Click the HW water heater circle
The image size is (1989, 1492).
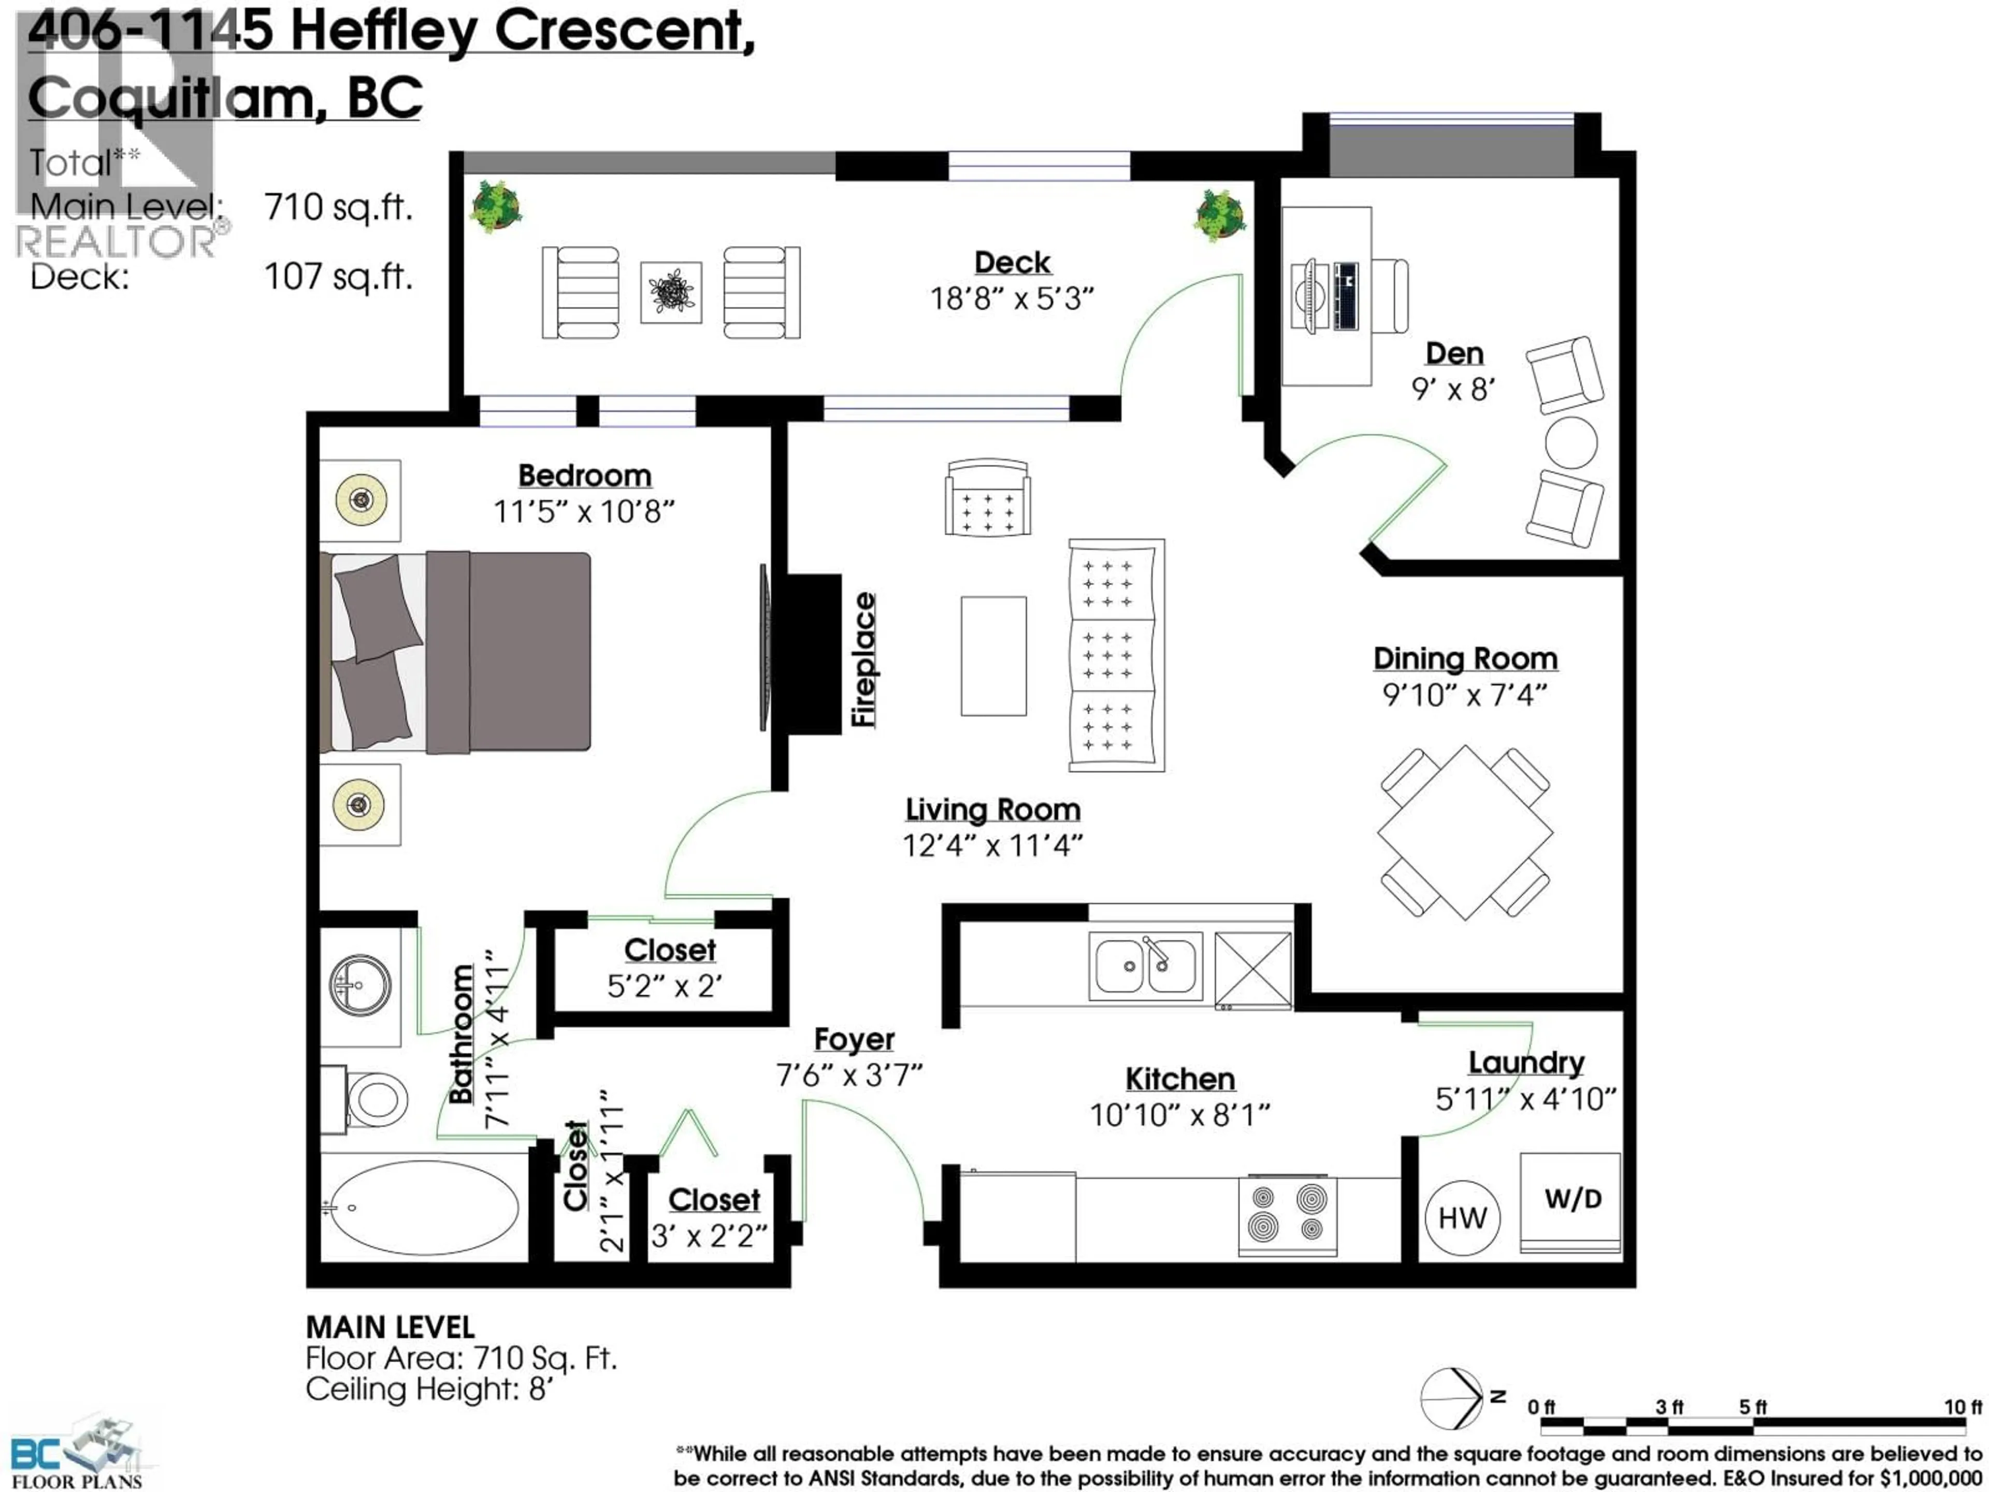[x=1462, y=1218]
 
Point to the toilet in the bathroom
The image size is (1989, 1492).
[x=369, y=1099]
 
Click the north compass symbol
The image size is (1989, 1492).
[x=1453, y=1398]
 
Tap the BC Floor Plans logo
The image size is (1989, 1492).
[x=77, y=1453]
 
